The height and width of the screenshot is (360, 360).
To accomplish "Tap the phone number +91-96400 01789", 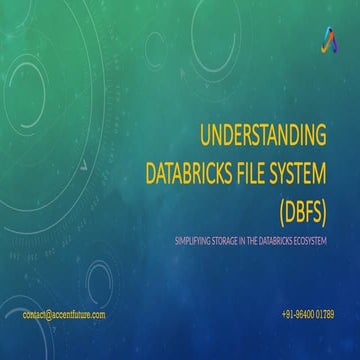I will coord(308,314).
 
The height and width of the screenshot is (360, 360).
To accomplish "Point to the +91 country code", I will coord(289,314).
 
